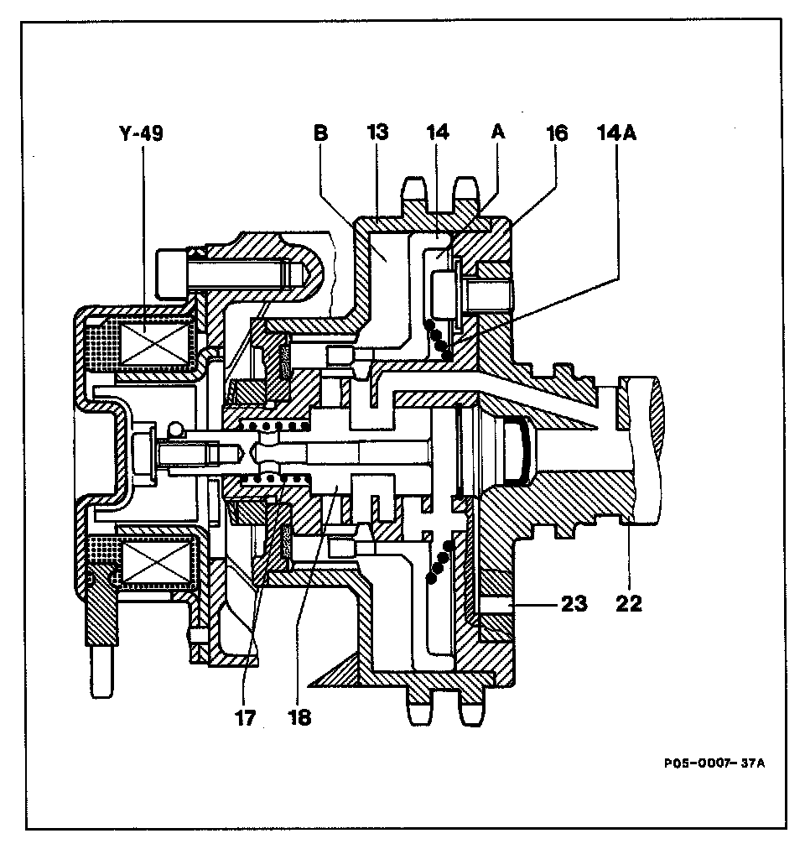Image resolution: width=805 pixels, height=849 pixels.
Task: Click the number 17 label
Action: pyautogui.click(x=246, y=718)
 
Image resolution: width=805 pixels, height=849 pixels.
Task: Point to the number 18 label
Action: pyautogui.click(x=300, y=718)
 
